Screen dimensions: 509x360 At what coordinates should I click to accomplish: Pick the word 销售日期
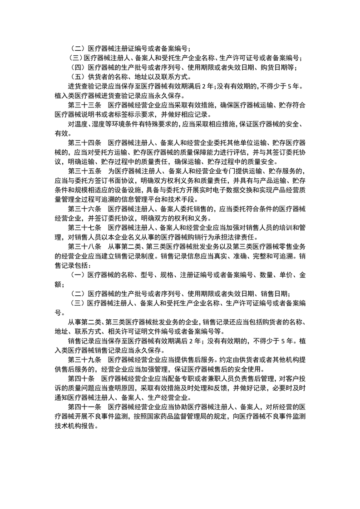click(272, 294)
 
